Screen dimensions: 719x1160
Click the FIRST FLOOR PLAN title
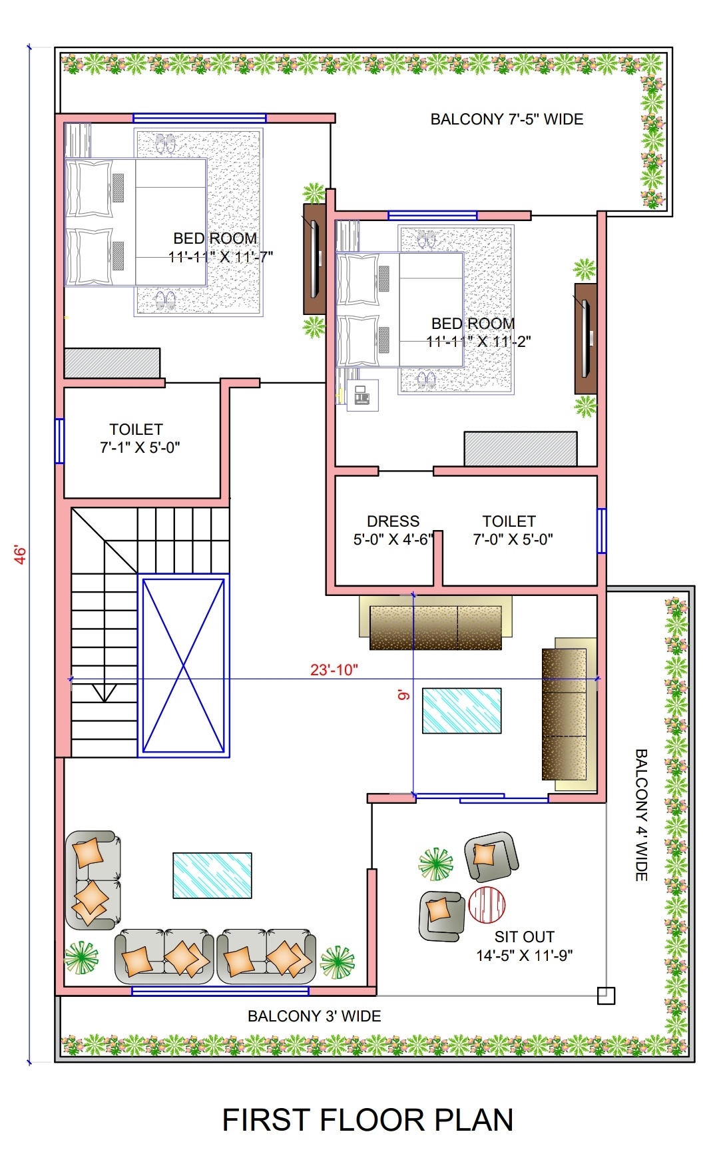tap(367, 1120)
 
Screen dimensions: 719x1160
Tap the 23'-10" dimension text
tap(334, 670)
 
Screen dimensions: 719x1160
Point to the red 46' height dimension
tap(21, 555)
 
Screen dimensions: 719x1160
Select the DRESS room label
tap(393, 521)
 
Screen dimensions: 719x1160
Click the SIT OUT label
tap(525, 937)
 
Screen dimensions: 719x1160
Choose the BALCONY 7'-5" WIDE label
tap(507, 119)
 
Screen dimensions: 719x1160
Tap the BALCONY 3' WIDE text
tap(314, 1016)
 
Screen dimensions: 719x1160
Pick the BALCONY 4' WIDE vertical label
tap(641, 815)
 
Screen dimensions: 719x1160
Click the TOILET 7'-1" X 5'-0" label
tap(140, 438)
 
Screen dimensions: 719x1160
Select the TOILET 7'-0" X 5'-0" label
tap(513, 530)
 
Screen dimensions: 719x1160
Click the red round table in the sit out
tap(487, 904)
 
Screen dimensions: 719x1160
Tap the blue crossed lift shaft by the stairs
tap(184, 665)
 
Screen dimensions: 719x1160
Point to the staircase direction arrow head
tap(104, 693)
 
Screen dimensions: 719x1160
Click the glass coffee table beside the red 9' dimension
tap(462, 711)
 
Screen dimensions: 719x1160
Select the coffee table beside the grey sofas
tap(212, 876)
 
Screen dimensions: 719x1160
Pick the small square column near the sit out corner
tap(606, 996)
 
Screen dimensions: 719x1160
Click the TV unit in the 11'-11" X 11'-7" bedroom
tap(314, 259)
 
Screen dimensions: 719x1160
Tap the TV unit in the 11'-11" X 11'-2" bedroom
tap(586, 338)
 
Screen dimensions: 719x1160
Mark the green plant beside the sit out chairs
tap(435, 864)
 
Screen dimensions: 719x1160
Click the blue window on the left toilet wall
tap(59, 441)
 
